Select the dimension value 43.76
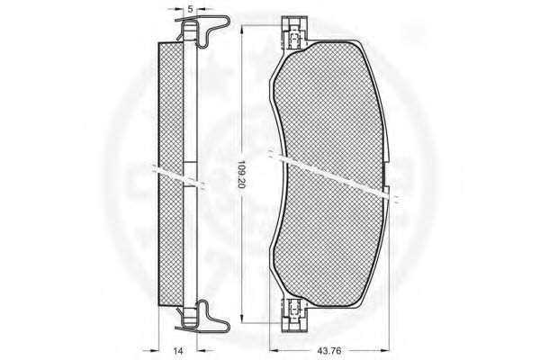tap(329, 351)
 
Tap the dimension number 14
tap(177, 351)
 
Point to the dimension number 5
tap(190, 9)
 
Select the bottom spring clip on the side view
tap(203, 316)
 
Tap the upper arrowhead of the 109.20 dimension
tap(241, 30)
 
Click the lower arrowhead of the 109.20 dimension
tap(241, 319)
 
